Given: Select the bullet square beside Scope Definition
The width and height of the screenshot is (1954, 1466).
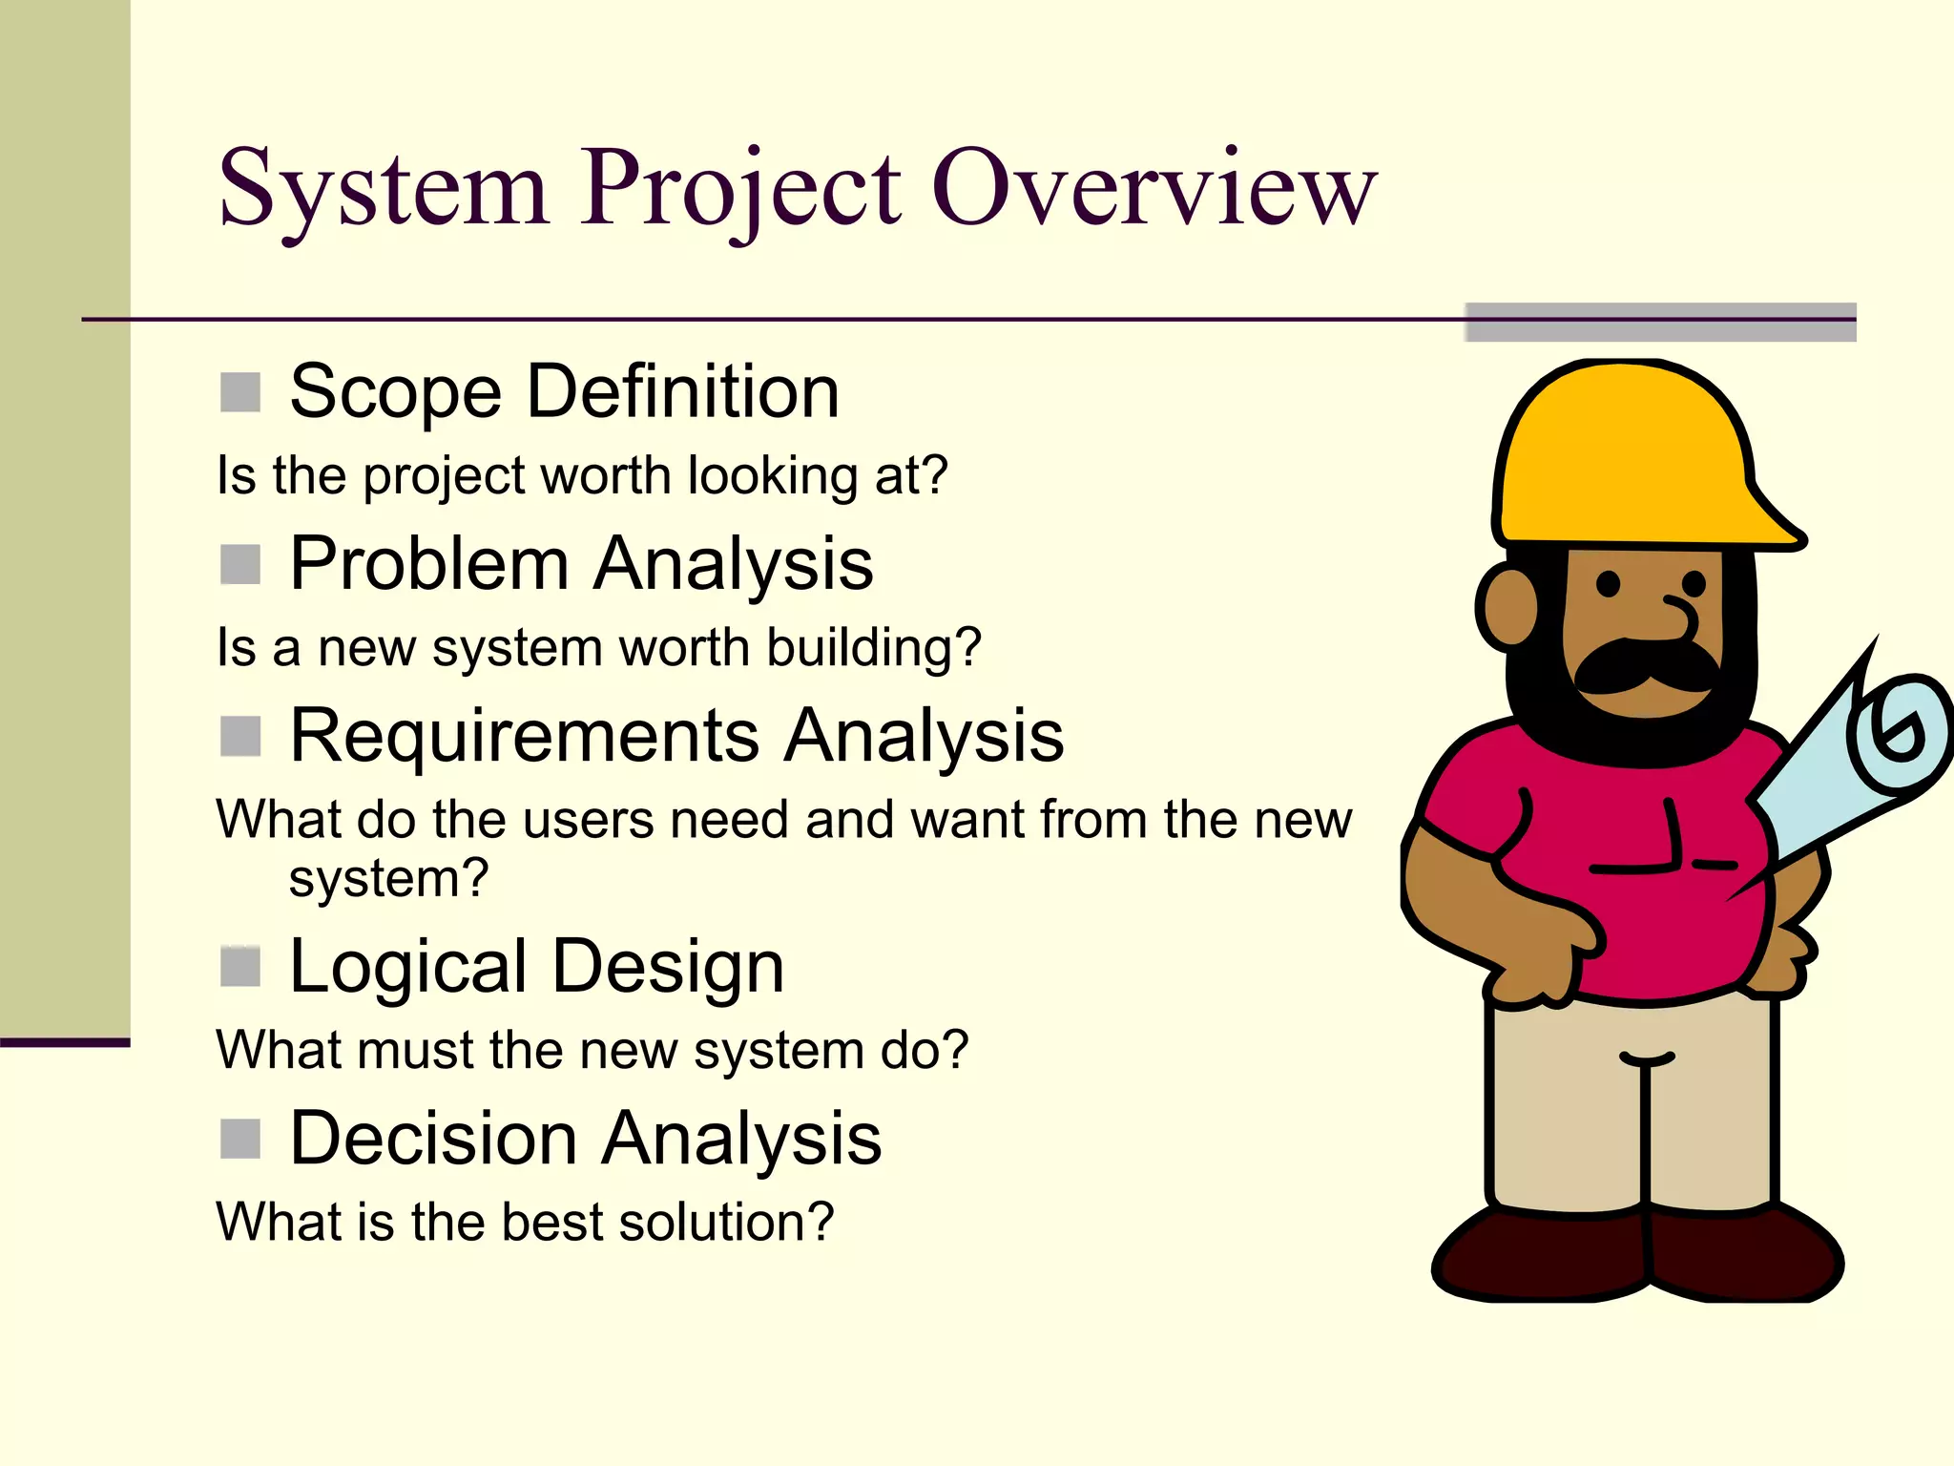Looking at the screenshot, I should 240,392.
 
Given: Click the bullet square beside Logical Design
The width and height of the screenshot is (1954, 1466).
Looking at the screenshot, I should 240,967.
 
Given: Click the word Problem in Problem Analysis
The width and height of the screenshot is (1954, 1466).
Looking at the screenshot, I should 429,564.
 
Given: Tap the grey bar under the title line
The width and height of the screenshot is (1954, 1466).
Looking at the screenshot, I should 1660,323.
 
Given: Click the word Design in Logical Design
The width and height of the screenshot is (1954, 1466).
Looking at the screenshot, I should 668,967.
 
